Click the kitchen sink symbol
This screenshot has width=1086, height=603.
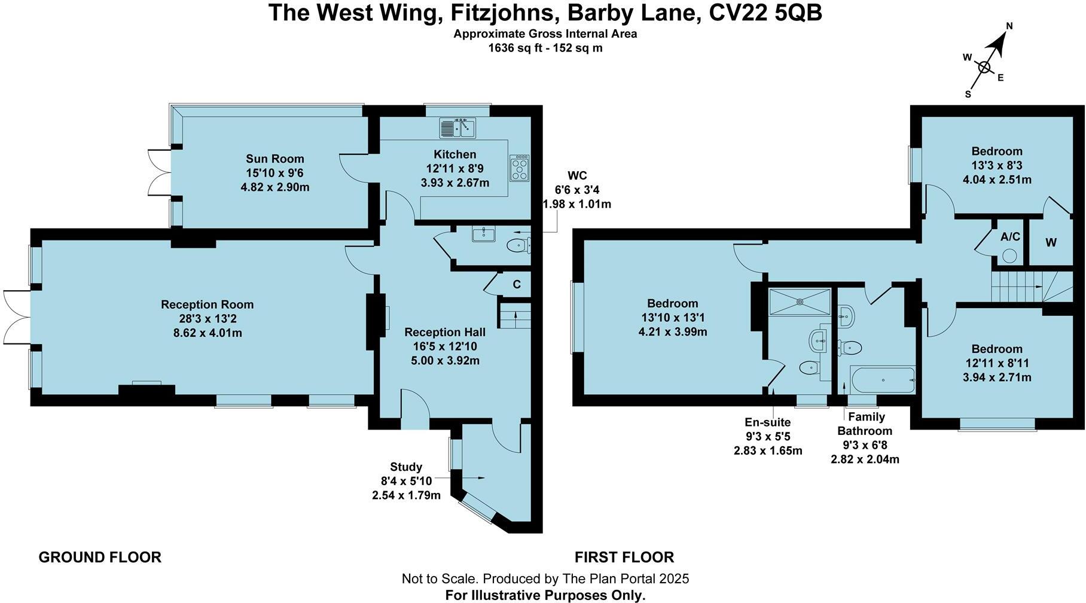click(x=457, y=128)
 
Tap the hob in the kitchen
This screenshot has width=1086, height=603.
click(x=519, y=168)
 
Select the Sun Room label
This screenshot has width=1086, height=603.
click(x=275, y=159)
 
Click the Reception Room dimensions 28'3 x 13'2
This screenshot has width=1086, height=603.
click(x=207, y=319)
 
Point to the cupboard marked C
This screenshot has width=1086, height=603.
click(x=517, y=285)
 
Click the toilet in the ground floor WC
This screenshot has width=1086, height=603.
click(x=518, y=245)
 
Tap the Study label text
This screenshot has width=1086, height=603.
click(x=406, y=467)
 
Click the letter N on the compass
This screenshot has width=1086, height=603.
click(x=1009, y=26)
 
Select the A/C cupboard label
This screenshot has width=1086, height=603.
click(x=1010, y=237)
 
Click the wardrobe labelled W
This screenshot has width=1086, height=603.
click(x=1051, y=242)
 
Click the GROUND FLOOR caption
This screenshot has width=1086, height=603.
click(x=100, y=558)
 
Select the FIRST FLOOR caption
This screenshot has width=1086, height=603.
click(x=624, y=558)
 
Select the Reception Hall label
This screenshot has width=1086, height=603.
click(x=444, y=332)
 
